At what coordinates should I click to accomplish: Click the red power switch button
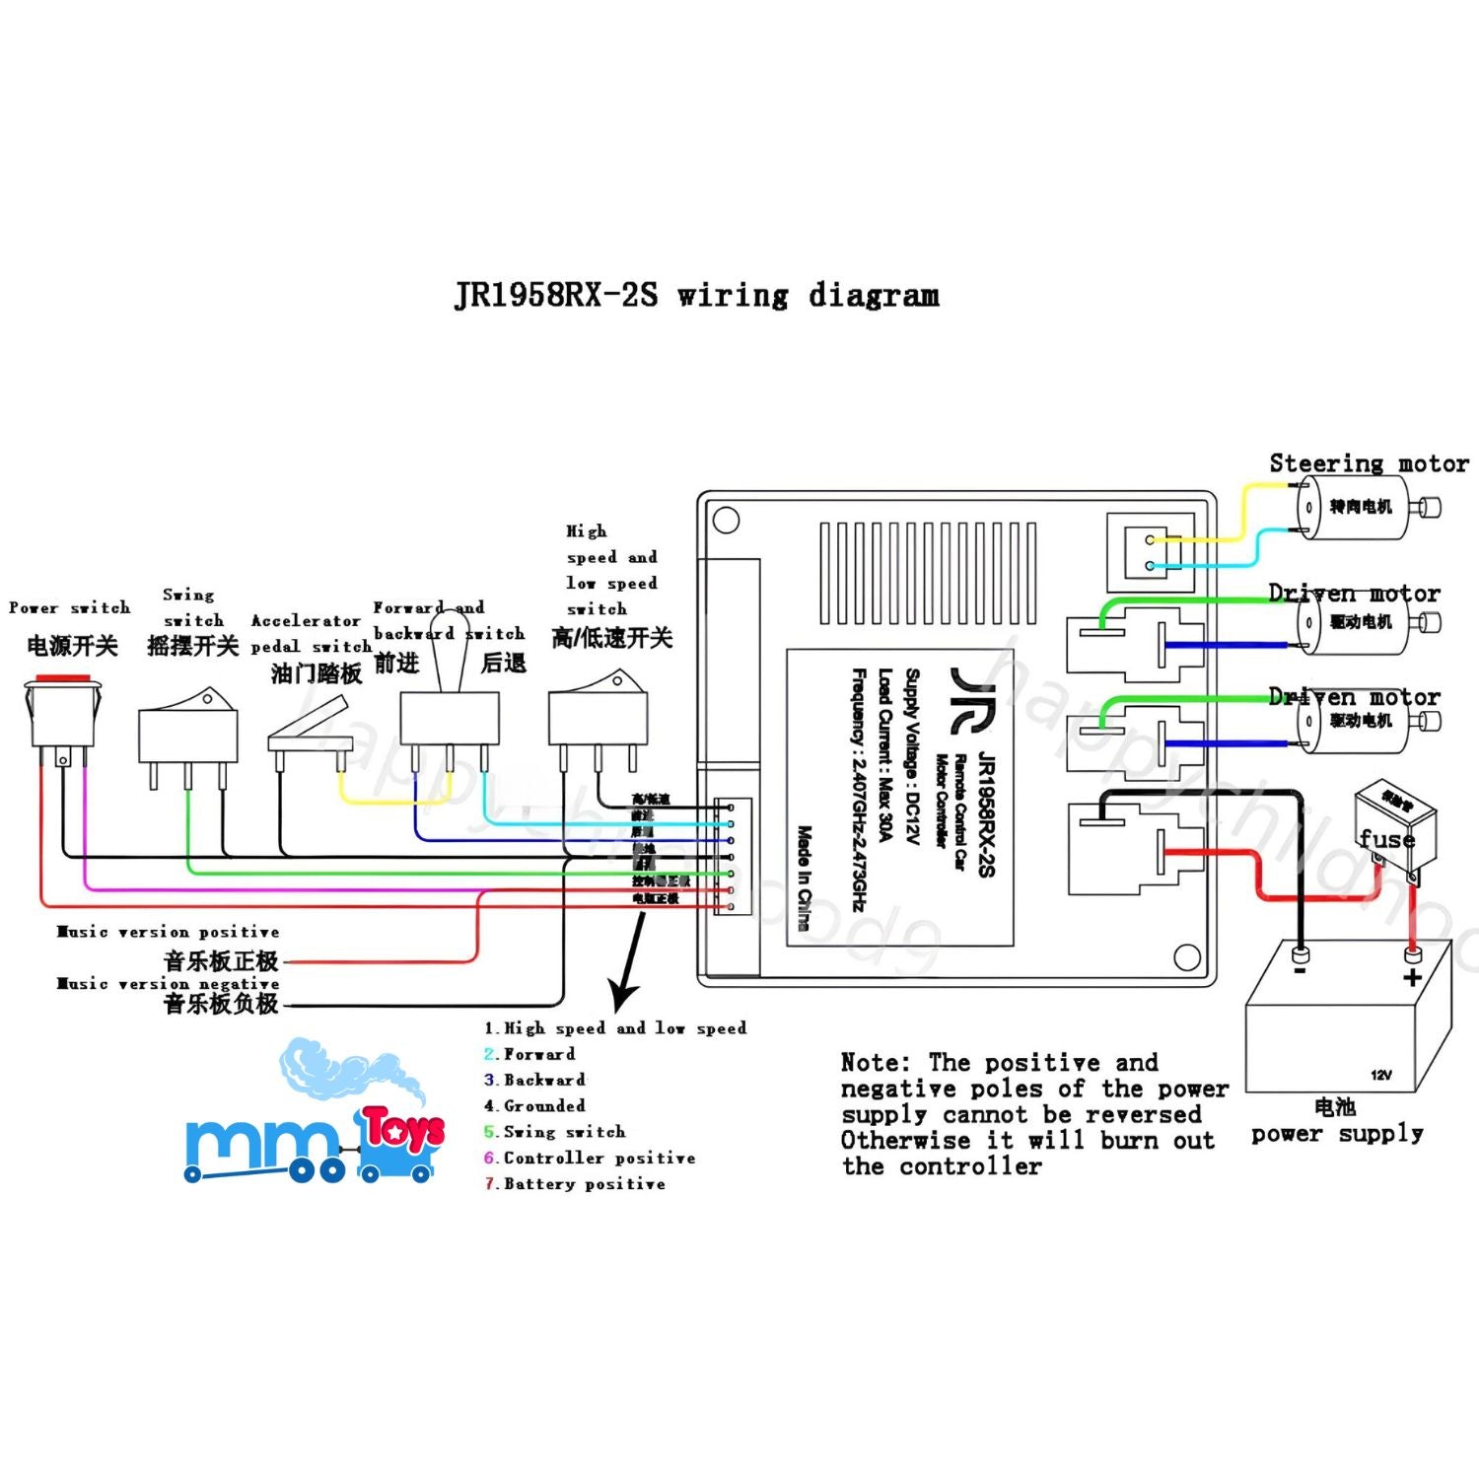coord(62,679)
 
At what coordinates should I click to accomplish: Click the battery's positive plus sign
coord(1412,977)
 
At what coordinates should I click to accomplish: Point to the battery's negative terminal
coord(1300,954)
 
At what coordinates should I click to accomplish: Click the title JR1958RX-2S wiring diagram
coord(696,295)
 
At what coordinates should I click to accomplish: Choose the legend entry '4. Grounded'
coord(535,1106)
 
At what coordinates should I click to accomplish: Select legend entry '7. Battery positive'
coord(575,1183)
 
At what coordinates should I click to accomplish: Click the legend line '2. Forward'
coord(529,1054)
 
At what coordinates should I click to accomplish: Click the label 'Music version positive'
coord(168,932)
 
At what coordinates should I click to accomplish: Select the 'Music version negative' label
coord(168,984)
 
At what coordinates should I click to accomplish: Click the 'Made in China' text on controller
coord(804,878)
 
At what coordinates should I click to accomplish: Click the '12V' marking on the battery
coord(1381,1075)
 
